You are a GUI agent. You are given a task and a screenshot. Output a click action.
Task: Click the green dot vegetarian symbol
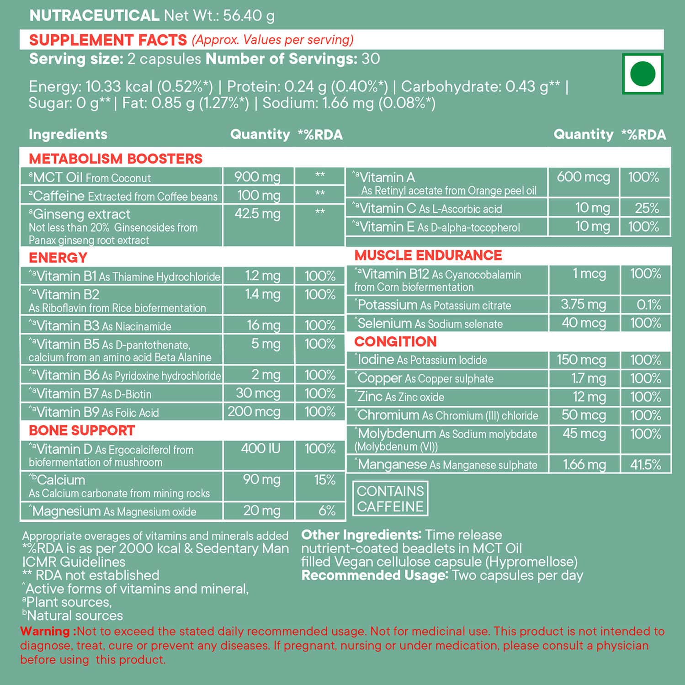pos(643,74)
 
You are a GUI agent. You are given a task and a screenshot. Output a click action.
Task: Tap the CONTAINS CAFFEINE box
pos(390,499)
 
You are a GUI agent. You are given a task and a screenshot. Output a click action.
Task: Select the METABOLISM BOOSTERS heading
pos(116,159)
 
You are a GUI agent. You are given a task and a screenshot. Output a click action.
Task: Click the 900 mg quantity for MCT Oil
pos(257,177)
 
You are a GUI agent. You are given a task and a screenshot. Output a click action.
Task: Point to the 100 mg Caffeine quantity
pos(258,196)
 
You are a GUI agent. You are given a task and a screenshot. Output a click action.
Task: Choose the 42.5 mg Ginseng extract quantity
pos(257,214)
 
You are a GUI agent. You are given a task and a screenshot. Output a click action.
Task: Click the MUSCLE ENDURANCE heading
pos(428,255)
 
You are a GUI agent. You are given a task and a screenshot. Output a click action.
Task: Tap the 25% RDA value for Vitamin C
pos(647,208)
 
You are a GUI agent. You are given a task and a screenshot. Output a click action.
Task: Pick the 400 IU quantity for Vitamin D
pos(260,449)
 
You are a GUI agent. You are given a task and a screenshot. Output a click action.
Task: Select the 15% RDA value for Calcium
pos(324,480)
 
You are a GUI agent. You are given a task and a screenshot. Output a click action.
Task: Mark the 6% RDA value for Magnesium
pos(327,510)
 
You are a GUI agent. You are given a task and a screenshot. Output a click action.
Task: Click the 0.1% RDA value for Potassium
pos(649,305)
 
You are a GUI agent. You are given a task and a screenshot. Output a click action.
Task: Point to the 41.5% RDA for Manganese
pos(646,465)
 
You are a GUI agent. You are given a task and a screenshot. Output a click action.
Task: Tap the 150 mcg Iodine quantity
pos(581,360)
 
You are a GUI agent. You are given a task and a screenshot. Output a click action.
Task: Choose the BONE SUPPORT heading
pos(82,430)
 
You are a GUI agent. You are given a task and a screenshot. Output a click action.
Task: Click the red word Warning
pos(45,632)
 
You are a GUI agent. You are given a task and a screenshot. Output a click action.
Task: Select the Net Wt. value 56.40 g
pos(249,16)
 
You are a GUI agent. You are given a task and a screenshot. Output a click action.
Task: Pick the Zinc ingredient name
pos(370,397)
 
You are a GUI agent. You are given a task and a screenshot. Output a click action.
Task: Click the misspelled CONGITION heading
pos(395,341)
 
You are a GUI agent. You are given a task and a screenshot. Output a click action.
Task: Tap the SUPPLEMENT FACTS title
pos(108,40)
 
